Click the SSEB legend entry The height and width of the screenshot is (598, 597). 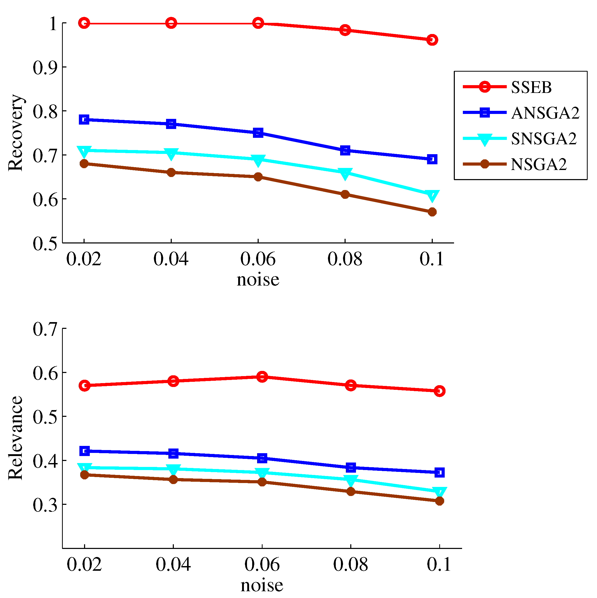tap(507, 87)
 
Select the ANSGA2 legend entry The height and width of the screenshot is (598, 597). tap(521, 113)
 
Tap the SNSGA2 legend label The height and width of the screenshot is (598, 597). tap(544, 138)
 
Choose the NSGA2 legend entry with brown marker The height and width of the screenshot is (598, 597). tap(515, 164)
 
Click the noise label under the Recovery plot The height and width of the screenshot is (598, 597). tap(258, 280)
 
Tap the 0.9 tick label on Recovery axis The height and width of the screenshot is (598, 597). tap(45, 67)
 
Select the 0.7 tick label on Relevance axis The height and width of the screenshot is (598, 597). tap(45, 329)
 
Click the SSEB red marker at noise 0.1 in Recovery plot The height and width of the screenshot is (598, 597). tap(432, 40)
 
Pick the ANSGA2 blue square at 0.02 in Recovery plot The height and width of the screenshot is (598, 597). tap(84, 119)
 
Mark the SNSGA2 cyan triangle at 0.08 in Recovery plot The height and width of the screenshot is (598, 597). tap(345, 174)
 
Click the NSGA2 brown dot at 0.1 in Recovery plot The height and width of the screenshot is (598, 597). tap(432, 212)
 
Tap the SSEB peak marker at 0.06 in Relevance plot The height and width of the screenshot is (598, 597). tap(262, 377)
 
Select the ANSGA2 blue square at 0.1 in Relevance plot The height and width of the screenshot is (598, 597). tap(440, 472)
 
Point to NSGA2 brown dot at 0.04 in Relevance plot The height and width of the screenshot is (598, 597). tap(173, 479)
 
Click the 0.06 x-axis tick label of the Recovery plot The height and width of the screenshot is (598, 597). tap(258, 259)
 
